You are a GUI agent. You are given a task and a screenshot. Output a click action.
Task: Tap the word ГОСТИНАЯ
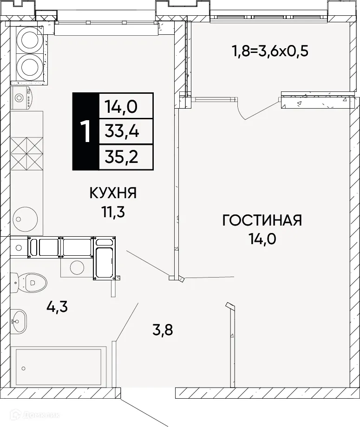click(262, 220)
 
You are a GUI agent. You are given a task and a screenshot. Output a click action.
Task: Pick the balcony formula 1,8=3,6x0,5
click(270, 50)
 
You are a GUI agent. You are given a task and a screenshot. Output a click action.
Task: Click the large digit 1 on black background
click(85, 131)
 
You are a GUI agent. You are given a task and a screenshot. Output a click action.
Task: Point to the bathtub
click(59, 367)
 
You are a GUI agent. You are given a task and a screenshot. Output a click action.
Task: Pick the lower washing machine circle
click(30, 65)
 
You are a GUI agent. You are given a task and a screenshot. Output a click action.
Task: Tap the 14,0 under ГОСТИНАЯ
click(262, 239)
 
